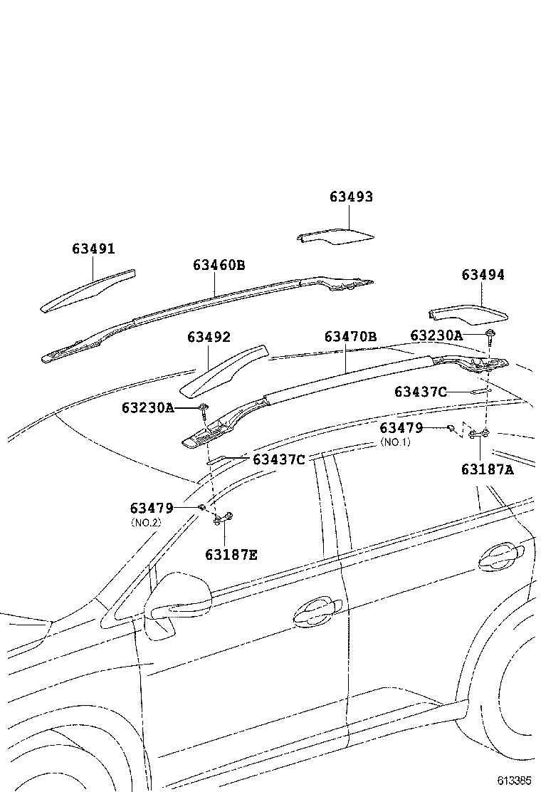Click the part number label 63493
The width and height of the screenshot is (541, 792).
(x=351, y=197)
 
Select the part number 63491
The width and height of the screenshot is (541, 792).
(x=93, y=249)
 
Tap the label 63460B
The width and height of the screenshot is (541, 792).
(x=219, y=265)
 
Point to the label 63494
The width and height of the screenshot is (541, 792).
(x=483, y=275)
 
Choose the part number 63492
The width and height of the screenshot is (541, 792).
(x=209, y=337)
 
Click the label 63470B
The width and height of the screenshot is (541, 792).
(x=350, y=337)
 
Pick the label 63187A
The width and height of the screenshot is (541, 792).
(x=487, y=469)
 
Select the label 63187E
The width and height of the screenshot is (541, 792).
(x=231, y=553)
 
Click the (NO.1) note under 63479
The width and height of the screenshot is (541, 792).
(x=396, y=442)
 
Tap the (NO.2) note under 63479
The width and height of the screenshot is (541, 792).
(x=146, y=522)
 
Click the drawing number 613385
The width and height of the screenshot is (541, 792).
(x=514, y=780)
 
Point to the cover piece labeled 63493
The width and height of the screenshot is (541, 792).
(x=335, y=237)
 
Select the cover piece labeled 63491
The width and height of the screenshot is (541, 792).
(x=89, y=290)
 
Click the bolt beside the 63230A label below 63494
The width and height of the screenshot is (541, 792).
(x=490, y=335)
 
